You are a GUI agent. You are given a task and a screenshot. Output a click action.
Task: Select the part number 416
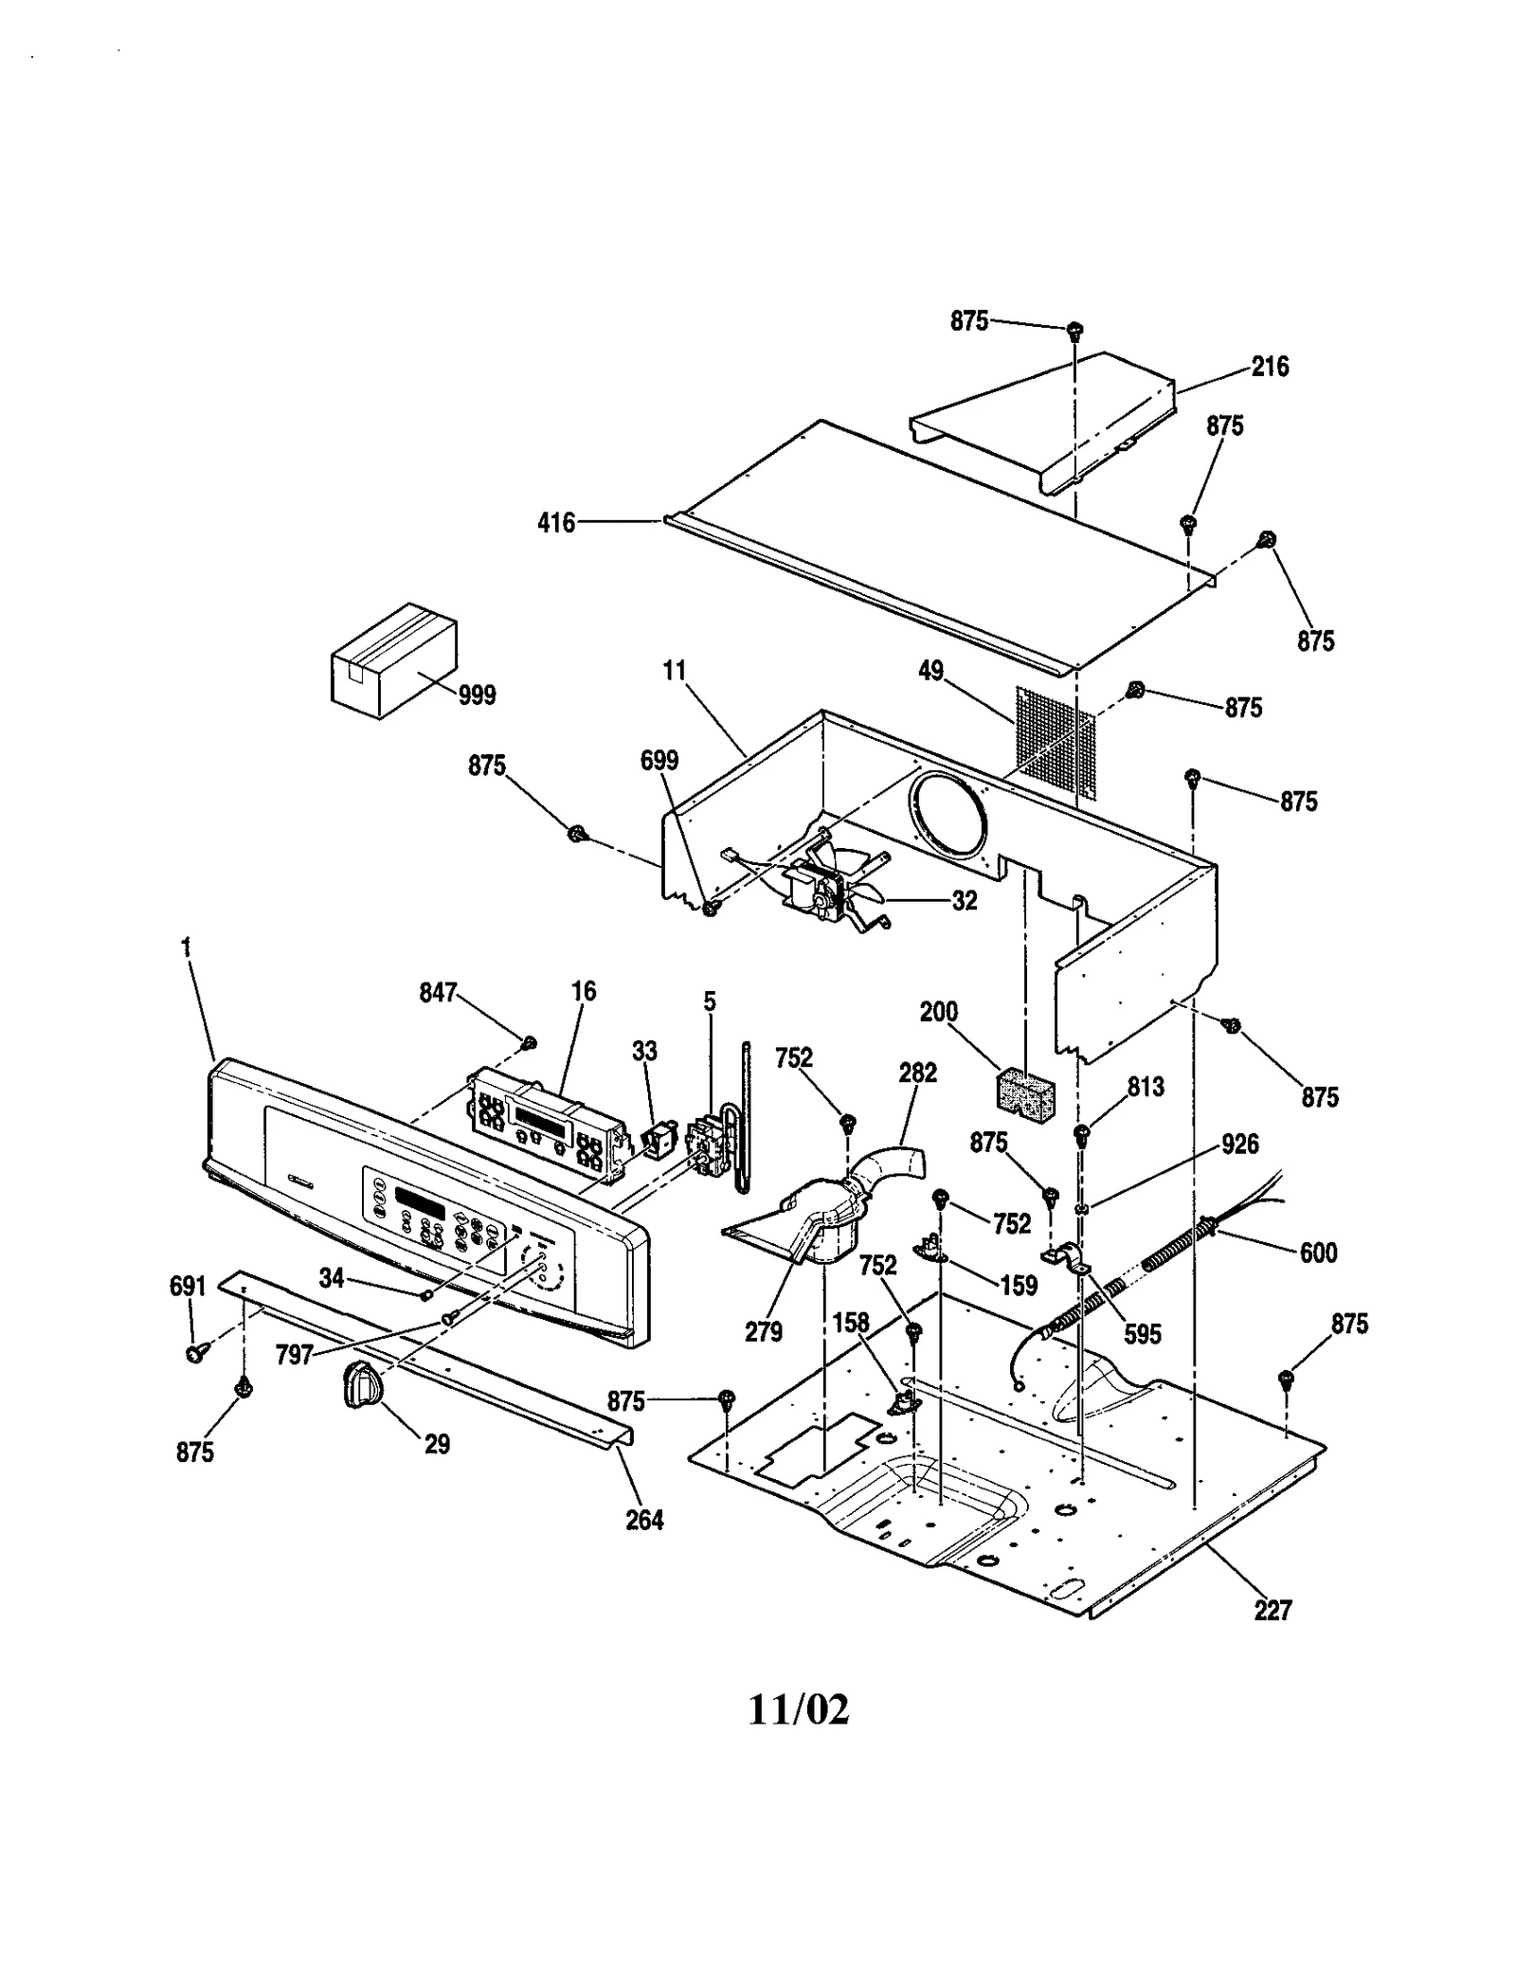(556, 522)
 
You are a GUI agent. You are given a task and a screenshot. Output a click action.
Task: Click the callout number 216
(1270, 367)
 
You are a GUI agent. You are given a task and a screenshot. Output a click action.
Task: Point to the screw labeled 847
(530, 1043)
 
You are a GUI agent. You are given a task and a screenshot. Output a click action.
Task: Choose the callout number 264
(644, 1520)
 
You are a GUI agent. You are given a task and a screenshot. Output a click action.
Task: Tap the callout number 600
(1318, 1253)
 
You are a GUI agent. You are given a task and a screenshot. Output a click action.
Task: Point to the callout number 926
(1239, 1144)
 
